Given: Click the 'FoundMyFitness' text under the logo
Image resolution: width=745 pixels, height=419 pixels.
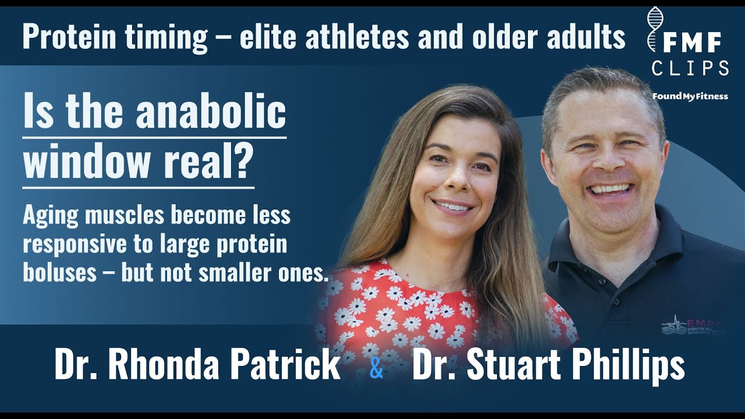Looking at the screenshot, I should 690,96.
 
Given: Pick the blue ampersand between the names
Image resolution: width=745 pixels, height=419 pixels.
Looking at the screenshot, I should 377,369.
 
